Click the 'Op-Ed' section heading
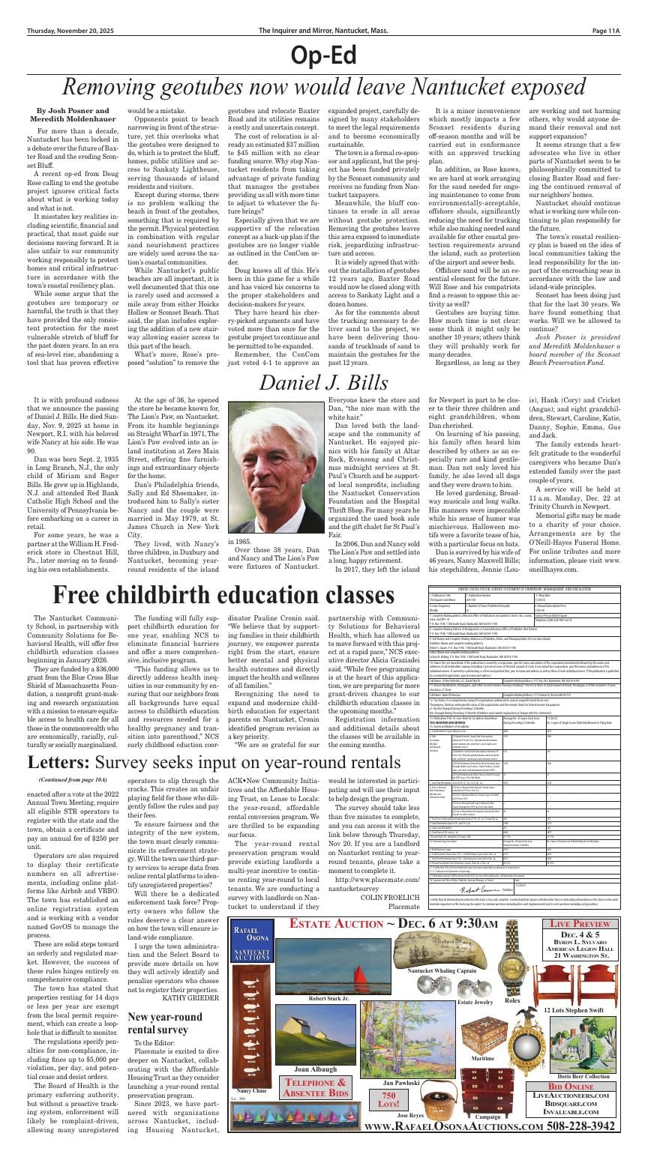coord(323,55)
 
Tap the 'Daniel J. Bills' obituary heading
coord(323,382)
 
